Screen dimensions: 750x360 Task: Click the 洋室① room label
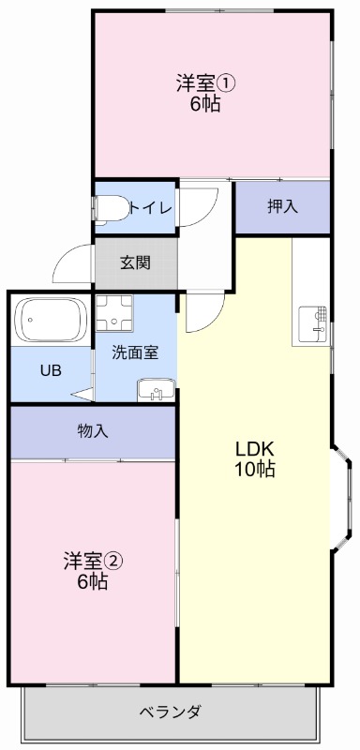(205, 82)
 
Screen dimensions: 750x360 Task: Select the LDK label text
(254, 449)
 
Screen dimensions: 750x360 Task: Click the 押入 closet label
(282, 207)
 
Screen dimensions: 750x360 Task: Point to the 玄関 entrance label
(135, 263)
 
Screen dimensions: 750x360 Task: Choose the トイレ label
(151, 207)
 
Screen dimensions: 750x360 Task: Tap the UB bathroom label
(50, 369)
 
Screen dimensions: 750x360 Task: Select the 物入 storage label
(93, 431)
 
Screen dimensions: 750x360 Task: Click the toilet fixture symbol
(108, 208)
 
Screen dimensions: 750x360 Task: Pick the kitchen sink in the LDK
(313, 323)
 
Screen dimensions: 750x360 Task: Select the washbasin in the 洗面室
(155, 389)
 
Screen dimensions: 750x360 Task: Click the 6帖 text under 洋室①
(205, 104)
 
